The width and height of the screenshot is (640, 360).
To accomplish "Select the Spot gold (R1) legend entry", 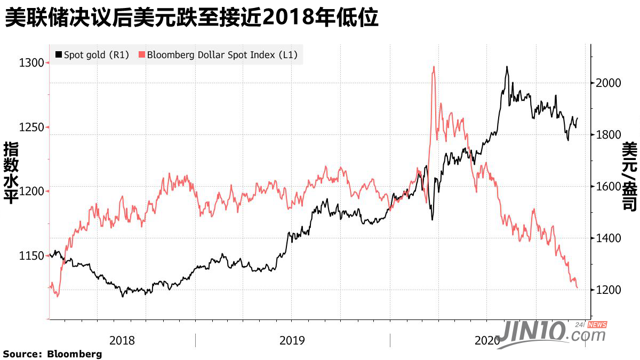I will point(92,54).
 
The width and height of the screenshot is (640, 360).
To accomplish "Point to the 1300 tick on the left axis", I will point(31,63).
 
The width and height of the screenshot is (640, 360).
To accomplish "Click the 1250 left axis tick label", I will point(31,127).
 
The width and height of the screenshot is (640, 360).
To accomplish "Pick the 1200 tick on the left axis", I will point(31,191).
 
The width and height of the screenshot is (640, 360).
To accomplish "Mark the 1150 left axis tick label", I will point(31,256).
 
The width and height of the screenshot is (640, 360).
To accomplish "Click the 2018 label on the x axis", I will point(122,340).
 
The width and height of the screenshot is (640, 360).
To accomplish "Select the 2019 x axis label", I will point(292,340).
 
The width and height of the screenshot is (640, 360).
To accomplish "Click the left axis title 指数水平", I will point(11,174).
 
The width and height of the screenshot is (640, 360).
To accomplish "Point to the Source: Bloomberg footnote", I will point(52,354).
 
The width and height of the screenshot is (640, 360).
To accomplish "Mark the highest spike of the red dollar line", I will point(434,67).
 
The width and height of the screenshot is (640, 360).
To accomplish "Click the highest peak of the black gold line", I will point(507,67).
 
